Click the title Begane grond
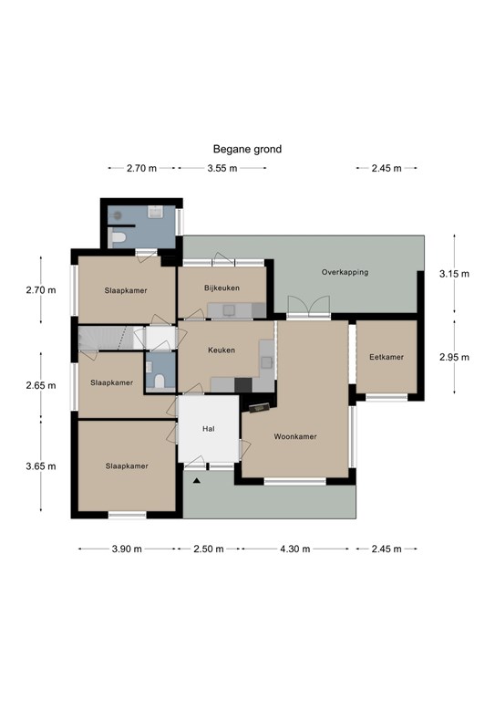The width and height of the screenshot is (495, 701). tap(247, 149)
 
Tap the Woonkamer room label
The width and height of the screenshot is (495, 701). tap(295, 436)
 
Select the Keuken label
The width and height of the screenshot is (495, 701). tap(222, 350)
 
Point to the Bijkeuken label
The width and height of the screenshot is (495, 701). tap(222, 288)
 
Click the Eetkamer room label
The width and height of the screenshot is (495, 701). tap(387, 357)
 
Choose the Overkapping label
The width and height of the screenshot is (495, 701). tap(345, 272)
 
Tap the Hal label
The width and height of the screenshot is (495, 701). tap(209, 429)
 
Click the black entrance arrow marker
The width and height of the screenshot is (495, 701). tap(196, 481)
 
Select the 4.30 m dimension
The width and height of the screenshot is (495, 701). tap(295, 549)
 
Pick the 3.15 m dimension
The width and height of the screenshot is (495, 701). tap(454, 274)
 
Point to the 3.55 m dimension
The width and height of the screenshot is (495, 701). tap(222, 168)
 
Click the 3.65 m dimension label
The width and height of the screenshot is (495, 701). tap(41, 466)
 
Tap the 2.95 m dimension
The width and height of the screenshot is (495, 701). tap(454, 357)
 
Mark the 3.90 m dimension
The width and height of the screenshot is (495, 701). tap(127, 549)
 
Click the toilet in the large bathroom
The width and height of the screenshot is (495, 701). tap(117, 238)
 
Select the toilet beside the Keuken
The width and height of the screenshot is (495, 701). tap(160, 381)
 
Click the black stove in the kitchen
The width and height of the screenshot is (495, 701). tap(243, 385)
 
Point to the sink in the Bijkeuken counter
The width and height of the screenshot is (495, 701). tap(230, 309)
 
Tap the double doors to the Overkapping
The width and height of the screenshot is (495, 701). tap(309, 307)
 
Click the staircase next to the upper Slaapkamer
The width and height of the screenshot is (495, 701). tap(107, 338)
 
